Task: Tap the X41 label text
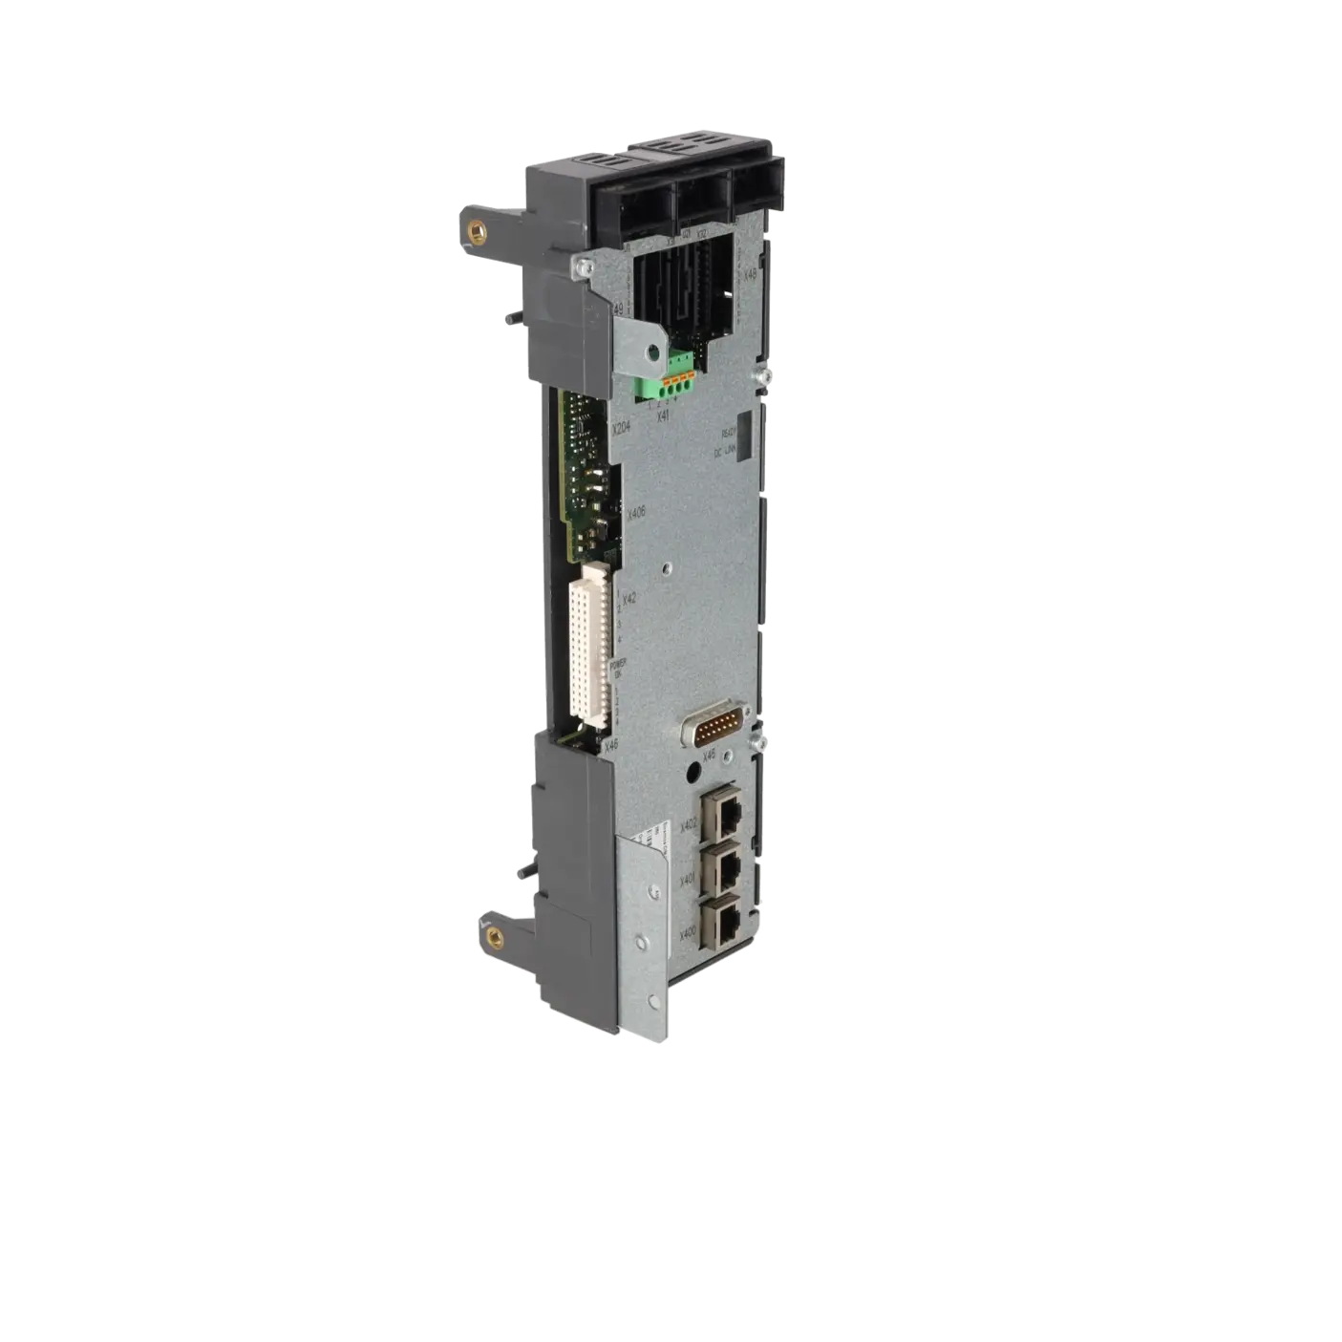tap(663, 414)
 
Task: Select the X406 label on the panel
tap(635, 513)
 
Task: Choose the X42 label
tap(629, 600)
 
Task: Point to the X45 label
tap(708, 757)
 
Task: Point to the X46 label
tap(612, 744)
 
